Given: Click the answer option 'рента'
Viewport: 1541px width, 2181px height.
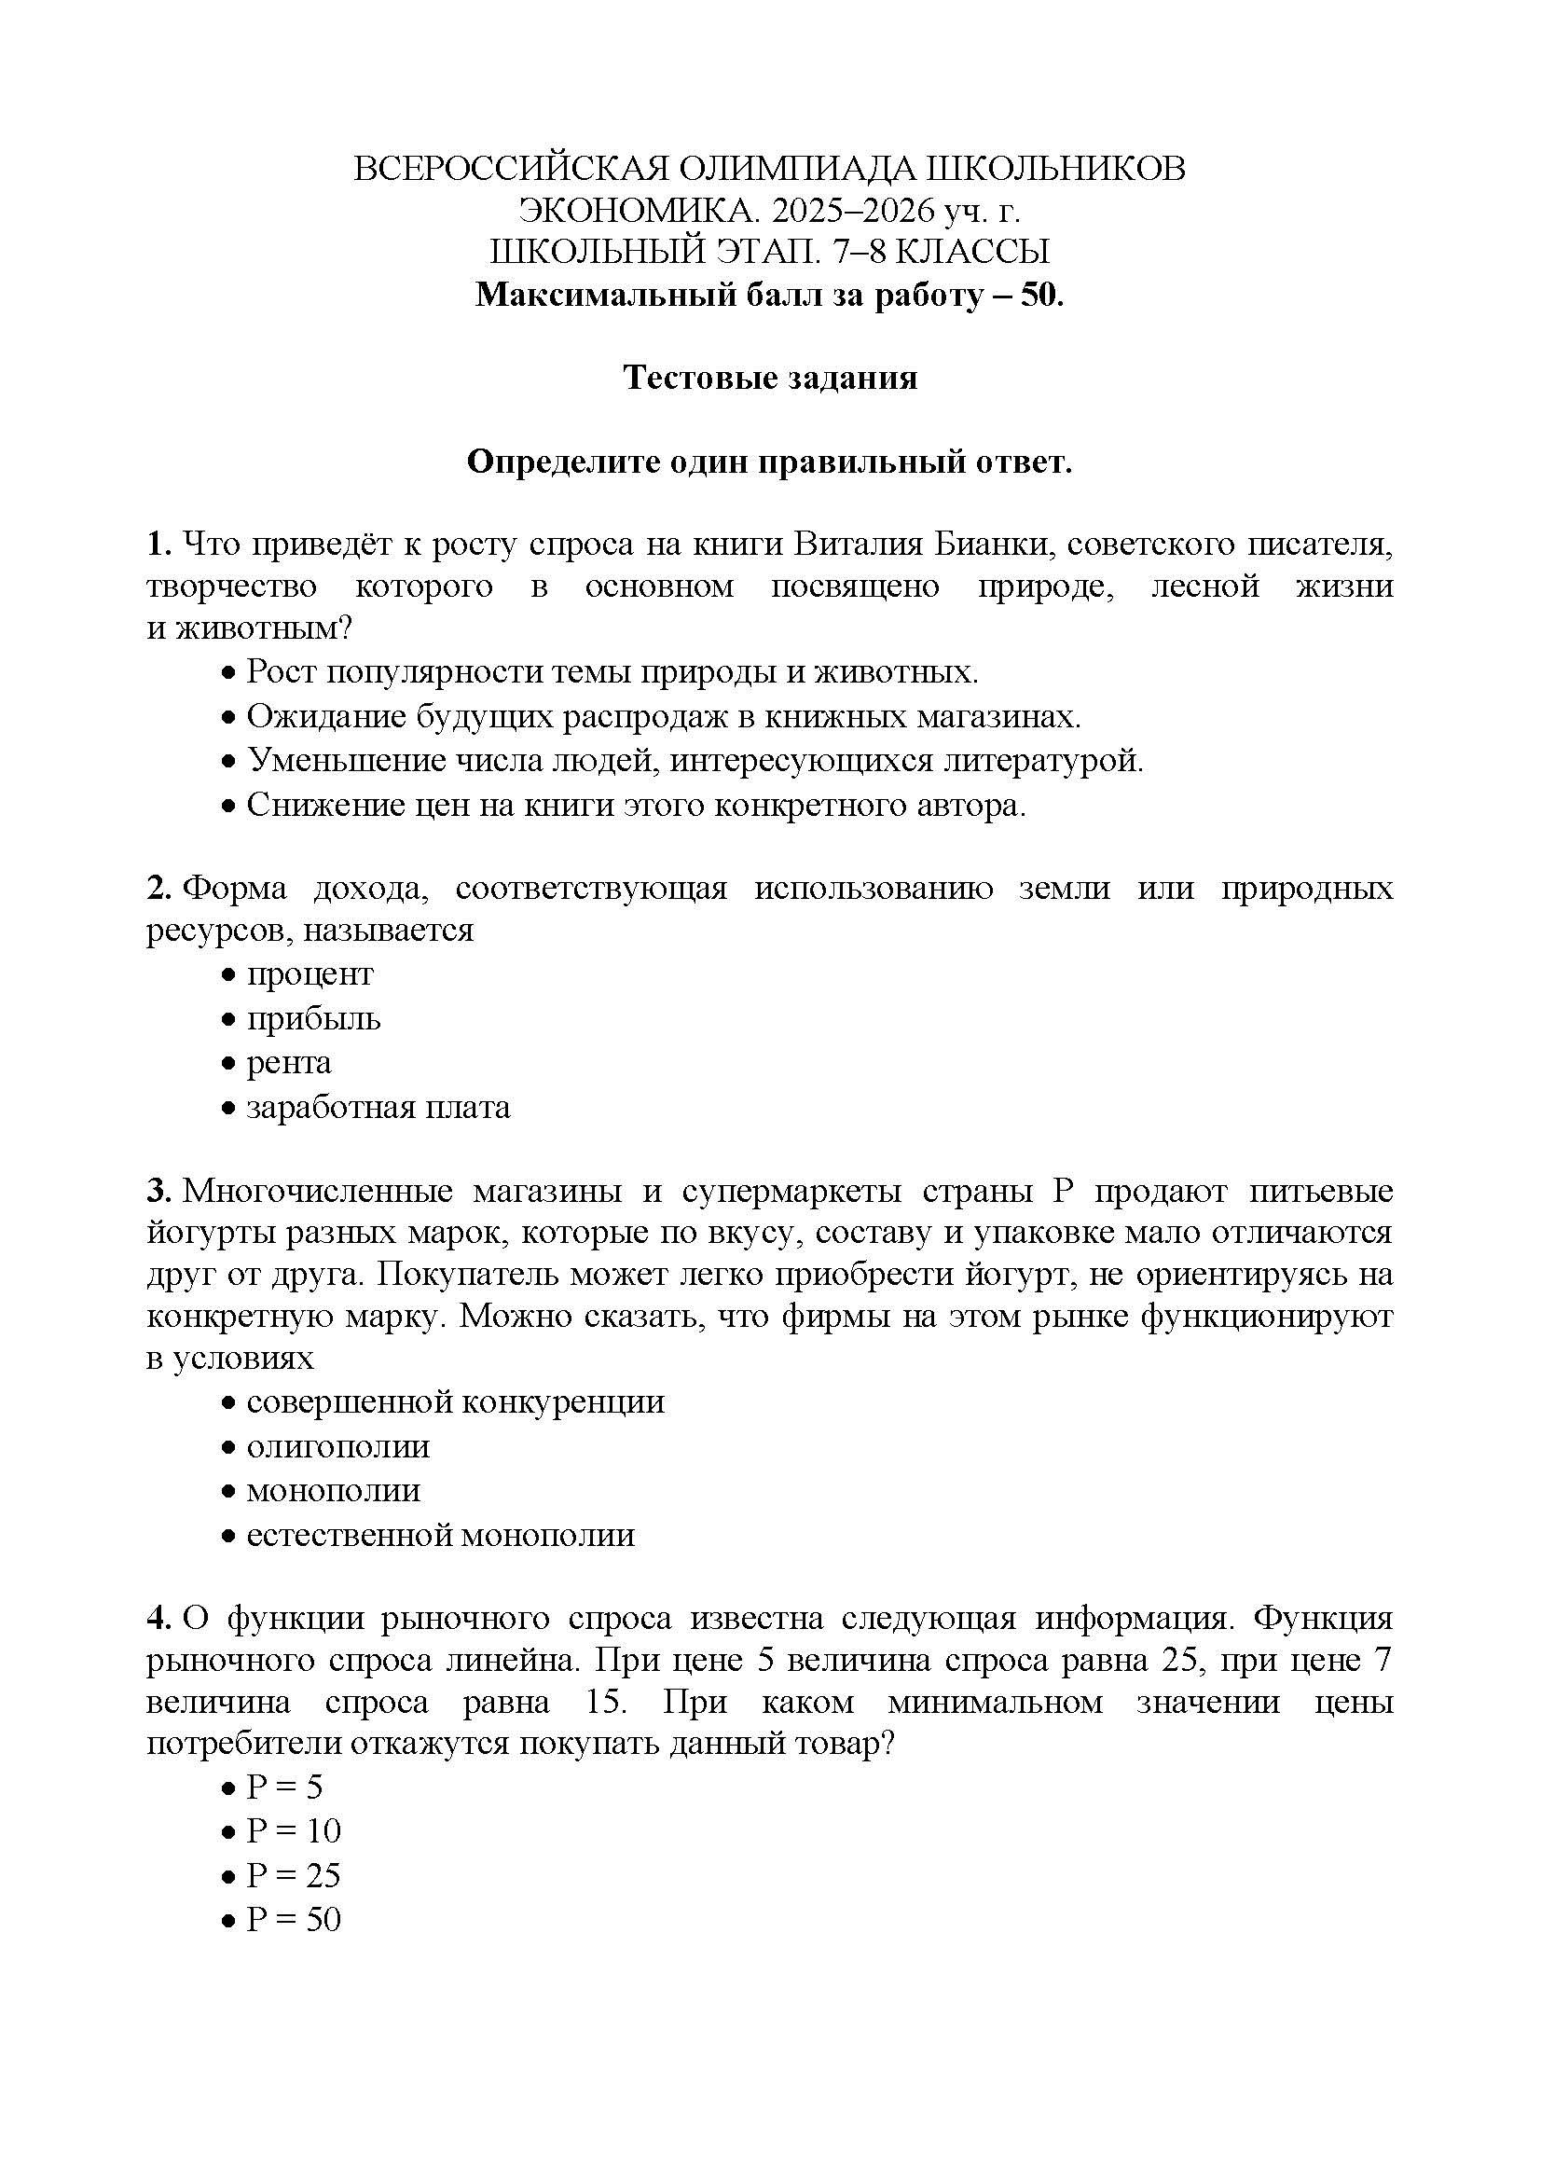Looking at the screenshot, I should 289,1063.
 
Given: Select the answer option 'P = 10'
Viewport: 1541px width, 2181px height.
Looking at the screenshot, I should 294,1830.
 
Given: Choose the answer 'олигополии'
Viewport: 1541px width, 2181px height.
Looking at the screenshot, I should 338,1447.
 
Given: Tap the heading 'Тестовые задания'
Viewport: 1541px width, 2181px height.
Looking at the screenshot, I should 770,378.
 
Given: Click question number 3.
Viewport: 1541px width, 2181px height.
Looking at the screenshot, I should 157,1191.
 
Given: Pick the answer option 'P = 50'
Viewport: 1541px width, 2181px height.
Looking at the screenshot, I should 294,1920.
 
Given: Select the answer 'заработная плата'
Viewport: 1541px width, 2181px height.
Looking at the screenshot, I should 378,1108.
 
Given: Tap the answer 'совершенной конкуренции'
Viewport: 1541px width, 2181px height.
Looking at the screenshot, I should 456,1402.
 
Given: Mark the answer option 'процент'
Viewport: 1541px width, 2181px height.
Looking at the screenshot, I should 310,974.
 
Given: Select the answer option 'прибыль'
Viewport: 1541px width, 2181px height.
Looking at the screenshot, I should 313,1019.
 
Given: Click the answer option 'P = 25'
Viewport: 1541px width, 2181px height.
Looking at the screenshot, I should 294,1875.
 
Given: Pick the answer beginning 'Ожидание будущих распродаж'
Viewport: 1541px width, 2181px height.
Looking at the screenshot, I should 664,716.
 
